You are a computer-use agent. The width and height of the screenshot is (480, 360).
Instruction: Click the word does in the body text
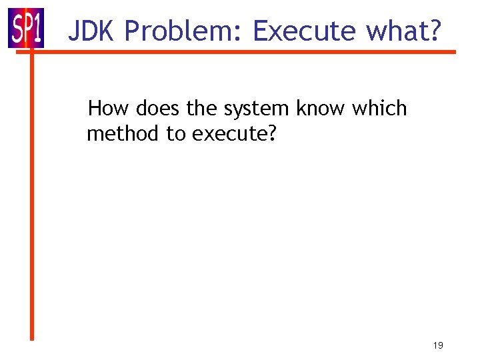[157, 108]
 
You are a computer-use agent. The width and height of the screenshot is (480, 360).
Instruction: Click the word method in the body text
[124, 134]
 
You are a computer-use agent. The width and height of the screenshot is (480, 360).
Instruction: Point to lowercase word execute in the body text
[229, 135]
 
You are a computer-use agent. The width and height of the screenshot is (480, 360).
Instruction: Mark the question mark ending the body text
[271, 134]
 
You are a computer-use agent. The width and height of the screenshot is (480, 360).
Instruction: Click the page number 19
[438, 345]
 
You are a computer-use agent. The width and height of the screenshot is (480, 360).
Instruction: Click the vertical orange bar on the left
[31, 200]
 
